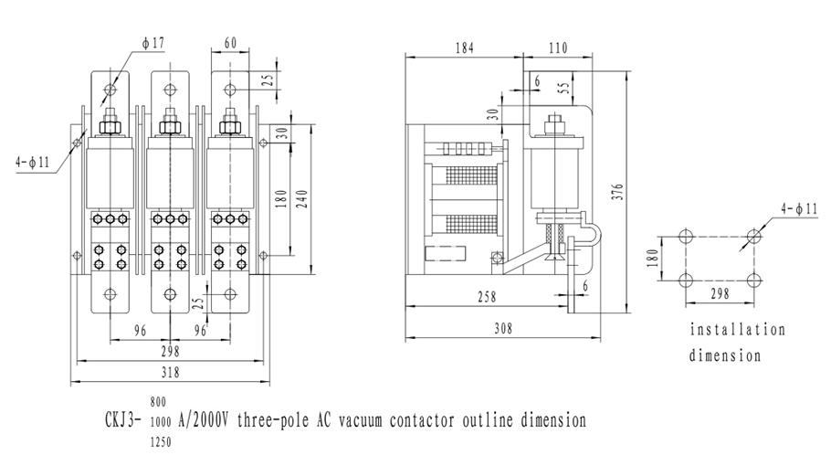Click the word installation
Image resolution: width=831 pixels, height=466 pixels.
[737, 330]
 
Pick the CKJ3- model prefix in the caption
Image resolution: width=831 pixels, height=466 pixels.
[126, 421]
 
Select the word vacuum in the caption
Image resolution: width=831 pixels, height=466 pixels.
[365, 421]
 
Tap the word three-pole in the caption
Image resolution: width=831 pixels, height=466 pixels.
[275, 421]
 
